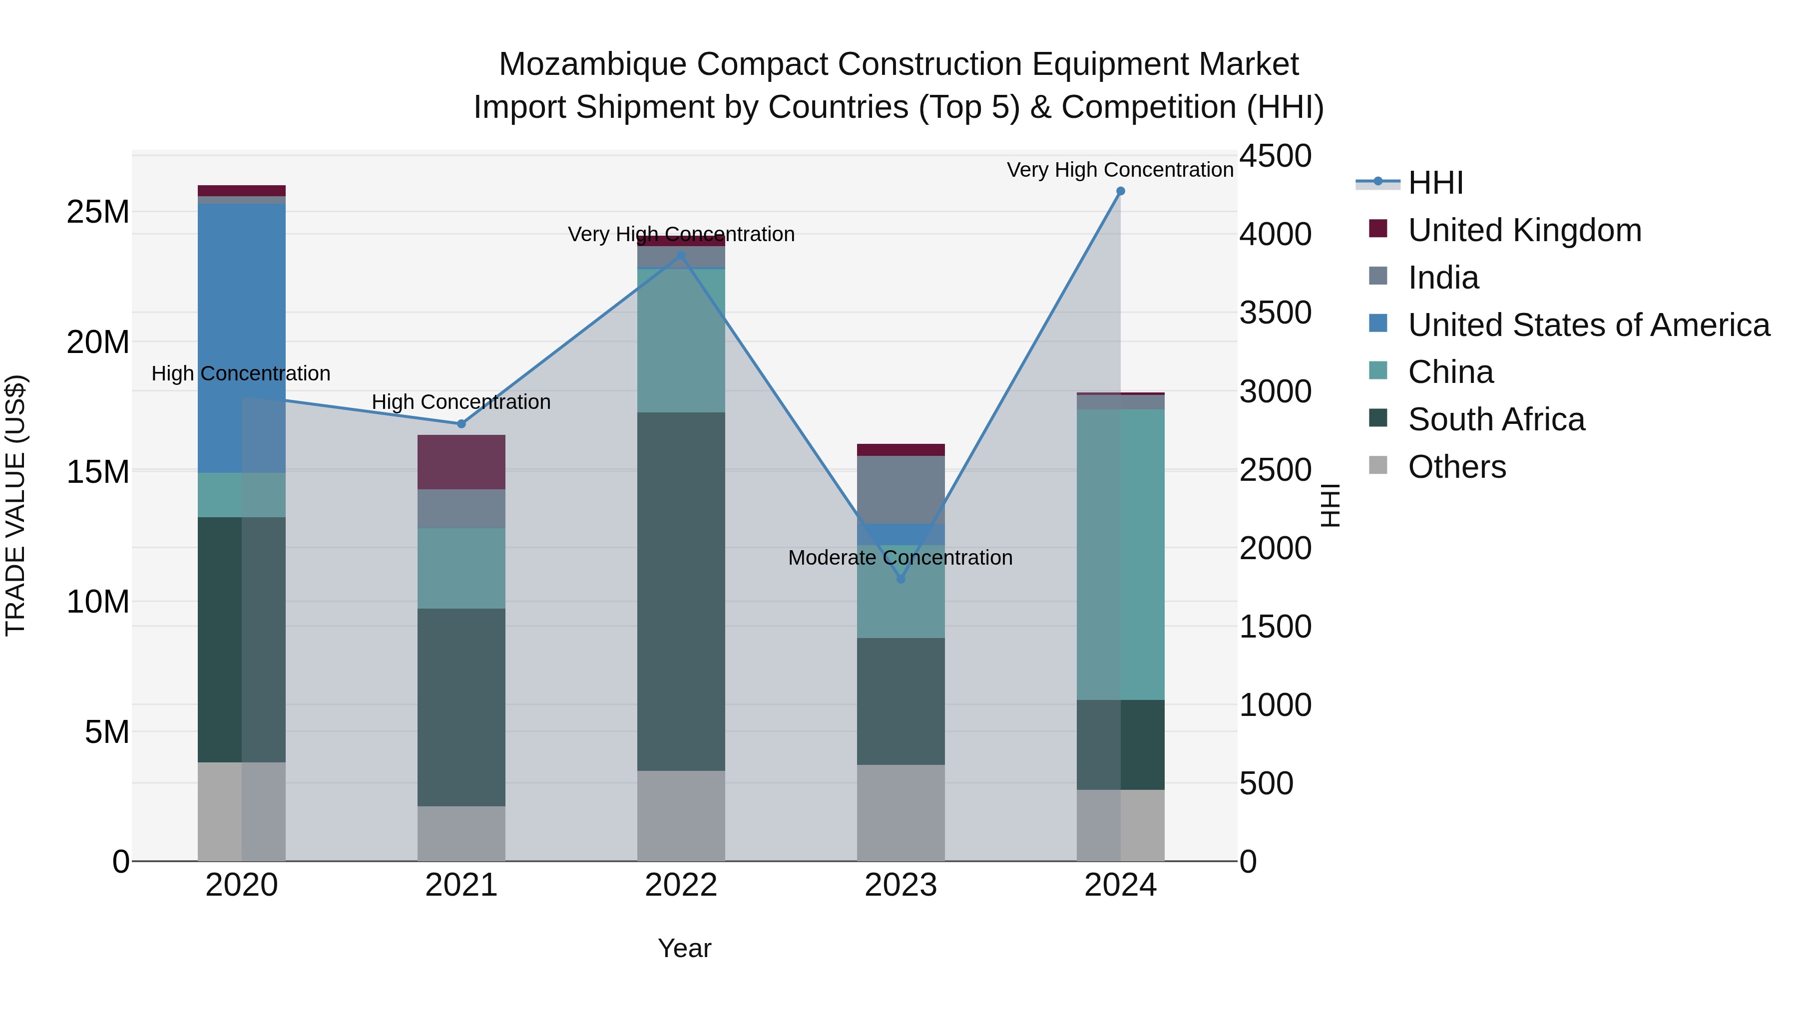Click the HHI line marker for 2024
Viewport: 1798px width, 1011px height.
tap(1120, 191)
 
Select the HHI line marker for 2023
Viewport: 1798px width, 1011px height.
tap(900, 579)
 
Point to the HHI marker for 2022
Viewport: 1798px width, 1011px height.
tap(681, 256)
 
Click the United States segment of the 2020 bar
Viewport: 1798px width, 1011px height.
tap(242, 338)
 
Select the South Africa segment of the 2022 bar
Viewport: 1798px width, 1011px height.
tap(681, 592)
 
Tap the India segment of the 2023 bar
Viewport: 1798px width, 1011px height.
tap(900, 490)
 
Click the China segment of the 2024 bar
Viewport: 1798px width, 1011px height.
tap(1120, 555)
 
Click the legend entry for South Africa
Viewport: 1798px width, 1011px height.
tap(1496, 419)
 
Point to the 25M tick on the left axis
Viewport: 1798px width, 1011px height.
tap(98, 212)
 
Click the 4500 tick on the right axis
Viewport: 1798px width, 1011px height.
tap(1275, 156)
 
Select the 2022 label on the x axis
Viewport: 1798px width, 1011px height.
tap(681, 885)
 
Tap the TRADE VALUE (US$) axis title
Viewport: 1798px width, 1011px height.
tap(15, 505)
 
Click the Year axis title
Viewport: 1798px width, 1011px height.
tap(684, 948)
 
